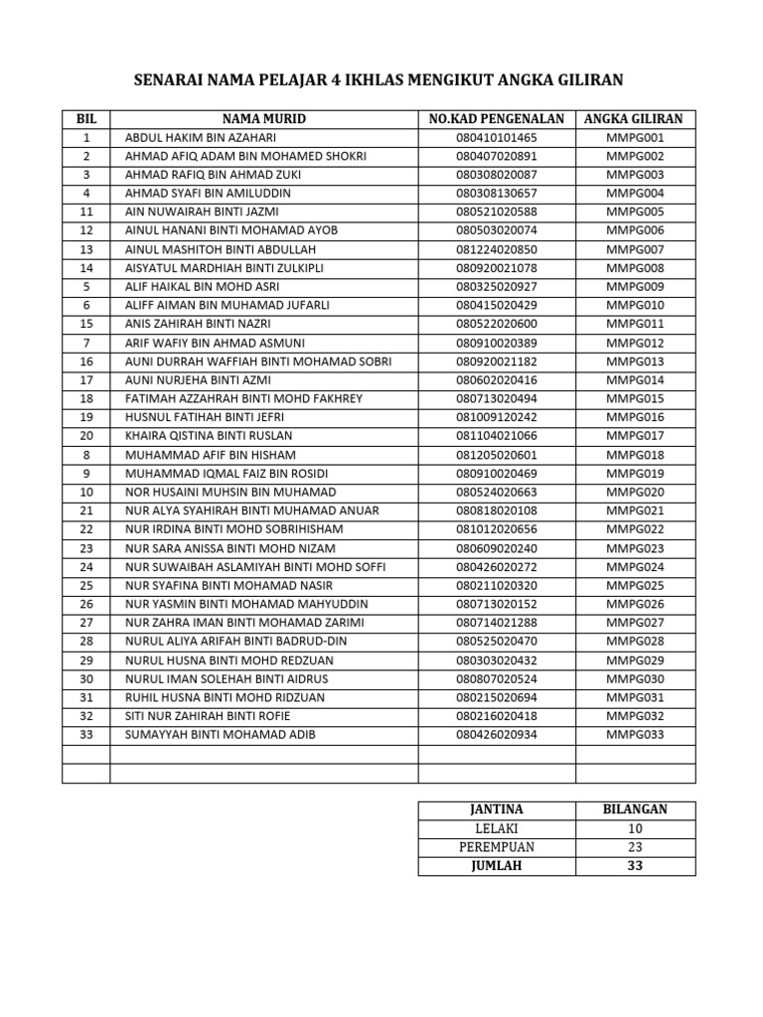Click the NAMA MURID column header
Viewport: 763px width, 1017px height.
[x=263, y=119]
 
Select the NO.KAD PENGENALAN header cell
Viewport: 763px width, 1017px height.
[x=496, y=119]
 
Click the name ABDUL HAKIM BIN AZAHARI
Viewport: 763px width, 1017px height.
[x=201, y=138]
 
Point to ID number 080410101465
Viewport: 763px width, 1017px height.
[x=496, y=138]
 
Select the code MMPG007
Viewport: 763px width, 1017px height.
[x=635, y=249]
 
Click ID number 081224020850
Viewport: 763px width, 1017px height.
[x=496, y=249]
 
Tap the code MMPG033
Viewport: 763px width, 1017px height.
[x=635, y=735]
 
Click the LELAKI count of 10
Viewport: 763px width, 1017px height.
[x=635, y=828]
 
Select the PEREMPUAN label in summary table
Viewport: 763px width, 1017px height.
[x=496, y=847]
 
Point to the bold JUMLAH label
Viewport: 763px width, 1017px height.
[x=496, y=866]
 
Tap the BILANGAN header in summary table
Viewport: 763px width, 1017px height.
[x=635, y=809]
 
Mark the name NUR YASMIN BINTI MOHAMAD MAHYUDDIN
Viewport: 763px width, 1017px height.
[x=246, y=604]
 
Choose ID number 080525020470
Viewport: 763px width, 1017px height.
[x=496, y=642]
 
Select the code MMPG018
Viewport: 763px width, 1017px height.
[x=635, y=455]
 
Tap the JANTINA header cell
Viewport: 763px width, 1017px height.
[x=496, y=809]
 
